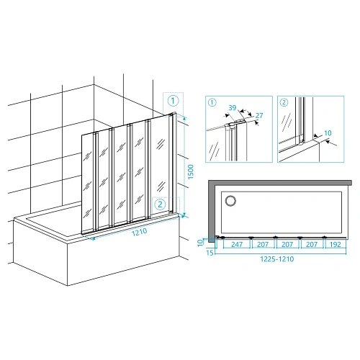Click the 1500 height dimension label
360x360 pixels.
point(191,171)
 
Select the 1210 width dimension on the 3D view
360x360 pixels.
point(139,232)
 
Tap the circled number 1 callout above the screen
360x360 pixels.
point(173,101)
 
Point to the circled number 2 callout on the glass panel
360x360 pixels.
point(160,204)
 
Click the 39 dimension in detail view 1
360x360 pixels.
point(233,108)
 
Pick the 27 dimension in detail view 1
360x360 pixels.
point(259,115)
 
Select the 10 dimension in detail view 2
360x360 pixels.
point(328,133)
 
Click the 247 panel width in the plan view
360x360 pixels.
point(237,244)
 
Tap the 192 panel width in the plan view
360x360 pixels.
point(336,244)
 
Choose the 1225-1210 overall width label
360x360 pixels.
point(277,259)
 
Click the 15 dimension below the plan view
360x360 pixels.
point(210,253)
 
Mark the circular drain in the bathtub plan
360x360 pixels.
point(230,201)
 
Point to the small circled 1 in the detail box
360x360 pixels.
point(212,102)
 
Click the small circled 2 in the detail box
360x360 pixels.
point(284,102)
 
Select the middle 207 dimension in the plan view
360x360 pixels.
point(287,244)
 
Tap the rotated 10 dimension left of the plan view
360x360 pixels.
point(200,243)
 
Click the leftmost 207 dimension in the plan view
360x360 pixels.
point(263,244)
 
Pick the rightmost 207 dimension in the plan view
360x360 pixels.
point(312,244)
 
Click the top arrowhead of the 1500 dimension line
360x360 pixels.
point(184,117)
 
